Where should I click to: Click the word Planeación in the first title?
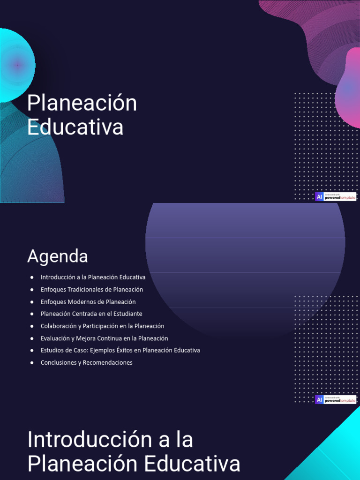[x=82, y=104]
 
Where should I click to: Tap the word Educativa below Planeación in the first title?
[x=75, y=127]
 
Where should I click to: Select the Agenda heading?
[x=58, y=256]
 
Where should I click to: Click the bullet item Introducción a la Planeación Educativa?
[x=93, y=277]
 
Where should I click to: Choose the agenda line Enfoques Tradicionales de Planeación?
[x=92, y=290]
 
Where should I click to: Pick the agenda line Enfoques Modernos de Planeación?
[x=88, y=302]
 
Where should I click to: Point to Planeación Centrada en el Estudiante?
[x=91, y=314]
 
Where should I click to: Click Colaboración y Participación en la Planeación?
[x=102, y=326]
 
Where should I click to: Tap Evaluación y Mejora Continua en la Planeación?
[x=104, y=338]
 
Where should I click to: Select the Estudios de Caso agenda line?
[x=120, y=350]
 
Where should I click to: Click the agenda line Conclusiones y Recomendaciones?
[x=86, y=362]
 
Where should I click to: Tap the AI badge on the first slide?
[x=319, y=197]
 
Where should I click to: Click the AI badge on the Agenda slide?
[x=319, y=400]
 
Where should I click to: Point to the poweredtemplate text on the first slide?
[x=340, y=198]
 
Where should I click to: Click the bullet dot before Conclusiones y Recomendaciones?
[x=31, y=363]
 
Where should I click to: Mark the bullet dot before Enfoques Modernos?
[x=31, y=302]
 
